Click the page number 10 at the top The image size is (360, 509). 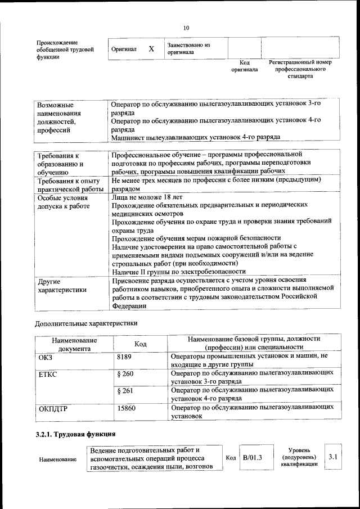pyautogui.click(x=186, y=28)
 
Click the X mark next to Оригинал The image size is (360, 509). pyautogui.click(x=151, y=49)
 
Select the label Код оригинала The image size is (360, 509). pyautogui.click(x=244, y=66)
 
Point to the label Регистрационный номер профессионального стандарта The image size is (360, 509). pyautogui.click(x=300, y=69)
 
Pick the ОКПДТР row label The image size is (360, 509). pyautogui.click(x=53, y=409)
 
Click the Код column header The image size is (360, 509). pyautogui.click(x=141, y=344)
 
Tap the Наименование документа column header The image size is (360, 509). pyautogui.click(x=74, y=344)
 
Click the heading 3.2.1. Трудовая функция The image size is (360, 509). pyautogui.click(x=75, y=434)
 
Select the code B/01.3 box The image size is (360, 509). pyautogui.click(x=253, y=458)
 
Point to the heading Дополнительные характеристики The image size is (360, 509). pyautogui.click(x=86, y=323)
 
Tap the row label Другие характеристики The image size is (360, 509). pyautogui.click(x=62, y=285)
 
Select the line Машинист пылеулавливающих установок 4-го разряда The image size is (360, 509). pyautogui.click(x=195, y=137)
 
